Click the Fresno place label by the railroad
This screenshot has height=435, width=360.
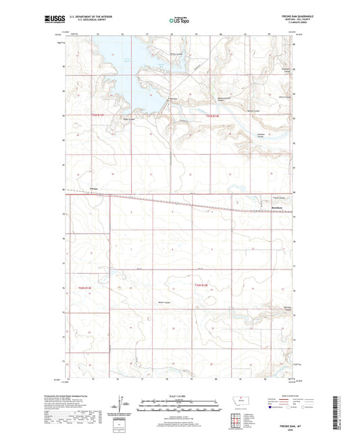95,188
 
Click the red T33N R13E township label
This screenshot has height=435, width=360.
99,116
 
